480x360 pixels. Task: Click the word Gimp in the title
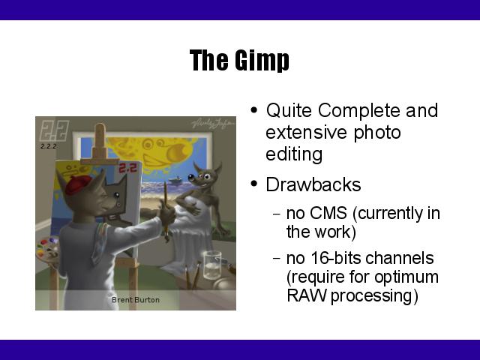tap(262, 60)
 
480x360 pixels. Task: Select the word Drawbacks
tap(313, 184)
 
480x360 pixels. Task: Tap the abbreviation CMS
tap(328, 213)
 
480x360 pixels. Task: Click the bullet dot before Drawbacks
tap(253, 184)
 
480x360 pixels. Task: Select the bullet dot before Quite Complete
tap(253, 109)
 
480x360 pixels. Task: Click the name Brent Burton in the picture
tap(135, 300)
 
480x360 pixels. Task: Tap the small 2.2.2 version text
tap(48, 146)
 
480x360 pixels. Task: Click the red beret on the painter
tap(78, 184)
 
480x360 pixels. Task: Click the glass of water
tap(212, 265)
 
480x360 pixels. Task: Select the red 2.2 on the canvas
tap(128, 168)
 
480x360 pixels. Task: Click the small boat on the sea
tap(175, 180)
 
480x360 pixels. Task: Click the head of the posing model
tap(203, 176)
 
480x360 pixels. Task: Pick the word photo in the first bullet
tap(377, 133)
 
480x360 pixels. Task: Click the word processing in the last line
tap(374, 296)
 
